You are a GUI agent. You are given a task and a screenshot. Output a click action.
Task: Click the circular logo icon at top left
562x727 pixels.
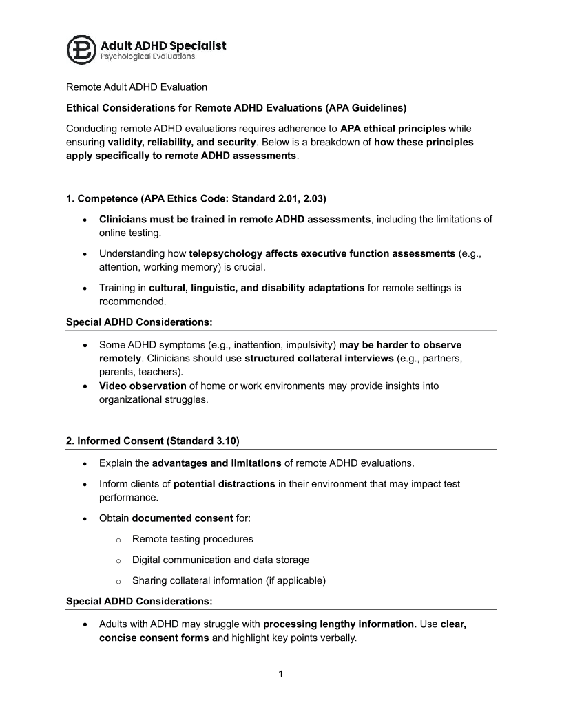coord(81,50)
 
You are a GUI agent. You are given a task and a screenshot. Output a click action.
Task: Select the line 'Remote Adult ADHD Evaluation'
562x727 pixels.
coord(136,87)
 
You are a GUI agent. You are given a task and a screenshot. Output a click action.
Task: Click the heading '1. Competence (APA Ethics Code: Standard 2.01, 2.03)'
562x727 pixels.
coord(196,199)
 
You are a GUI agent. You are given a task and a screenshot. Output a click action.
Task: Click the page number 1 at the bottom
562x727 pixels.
coord(281,674)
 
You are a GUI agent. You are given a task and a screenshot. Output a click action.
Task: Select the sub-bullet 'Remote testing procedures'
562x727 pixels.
coord(192,539)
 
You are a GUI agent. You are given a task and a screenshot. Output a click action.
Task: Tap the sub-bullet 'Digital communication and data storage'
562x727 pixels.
coord(220,560)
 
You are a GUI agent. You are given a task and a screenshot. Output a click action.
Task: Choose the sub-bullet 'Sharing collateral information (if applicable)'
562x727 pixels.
coord(229,580)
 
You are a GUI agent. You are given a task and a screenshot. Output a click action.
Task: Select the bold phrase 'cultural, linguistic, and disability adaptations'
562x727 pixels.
coord(256,288)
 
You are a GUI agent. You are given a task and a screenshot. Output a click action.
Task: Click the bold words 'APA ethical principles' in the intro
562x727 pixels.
coord(393,129)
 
